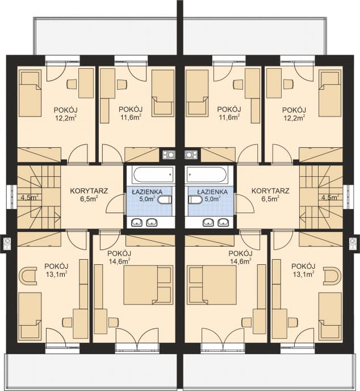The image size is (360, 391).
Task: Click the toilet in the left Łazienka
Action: (x=165, y=199)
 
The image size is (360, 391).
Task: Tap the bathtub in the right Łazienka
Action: (x=207, y=174)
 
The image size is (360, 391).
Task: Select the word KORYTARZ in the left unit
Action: (x=89, y=191)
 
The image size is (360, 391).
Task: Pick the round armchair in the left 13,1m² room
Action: (x=28, y=276)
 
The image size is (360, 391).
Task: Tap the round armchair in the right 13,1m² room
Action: (x=332, y=276)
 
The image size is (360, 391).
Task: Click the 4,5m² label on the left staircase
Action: (x=30, y=198)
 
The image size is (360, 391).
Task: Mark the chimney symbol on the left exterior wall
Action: (x=7, y=243)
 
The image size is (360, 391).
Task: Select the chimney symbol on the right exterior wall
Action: (x=353, y=243)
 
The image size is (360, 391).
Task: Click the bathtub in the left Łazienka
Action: (x=153, y=174)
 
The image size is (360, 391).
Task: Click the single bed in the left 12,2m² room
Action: (x=30, y=93)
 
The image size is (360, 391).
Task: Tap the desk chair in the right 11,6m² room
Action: (x=238, y=85)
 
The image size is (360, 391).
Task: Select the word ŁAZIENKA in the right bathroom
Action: (x=212, y=192)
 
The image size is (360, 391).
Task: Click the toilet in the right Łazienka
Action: (x=196, y=199)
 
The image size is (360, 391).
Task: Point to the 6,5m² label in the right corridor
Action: (x=270, y=198)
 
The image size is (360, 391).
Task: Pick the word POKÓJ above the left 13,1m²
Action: (x=56, y=267)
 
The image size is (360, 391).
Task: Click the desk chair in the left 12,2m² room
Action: (x=72, y=84)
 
